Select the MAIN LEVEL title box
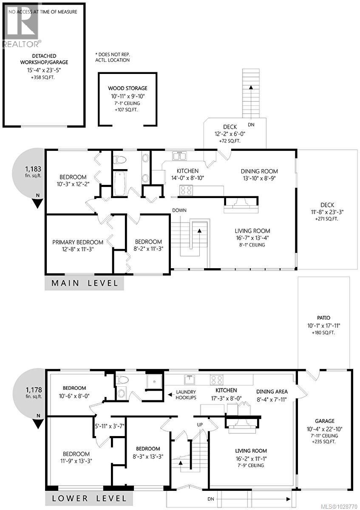click(x=84, y=283)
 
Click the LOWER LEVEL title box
click(x=89, y=498)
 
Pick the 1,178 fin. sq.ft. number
click(x=33, y=389)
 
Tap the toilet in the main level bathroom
click(x=121, y=160)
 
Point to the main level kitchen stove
click(x=186, y=190)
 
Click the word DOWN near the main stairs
click(x=179, y=210)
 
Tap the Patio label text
click(x=323, y=317)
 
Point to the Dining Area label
click(x=272, y=391)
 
